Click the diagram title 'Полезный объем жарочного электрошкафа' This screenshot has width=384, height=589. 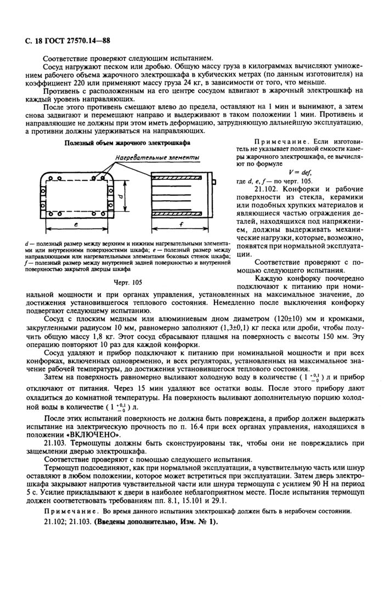coord(127,143)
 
